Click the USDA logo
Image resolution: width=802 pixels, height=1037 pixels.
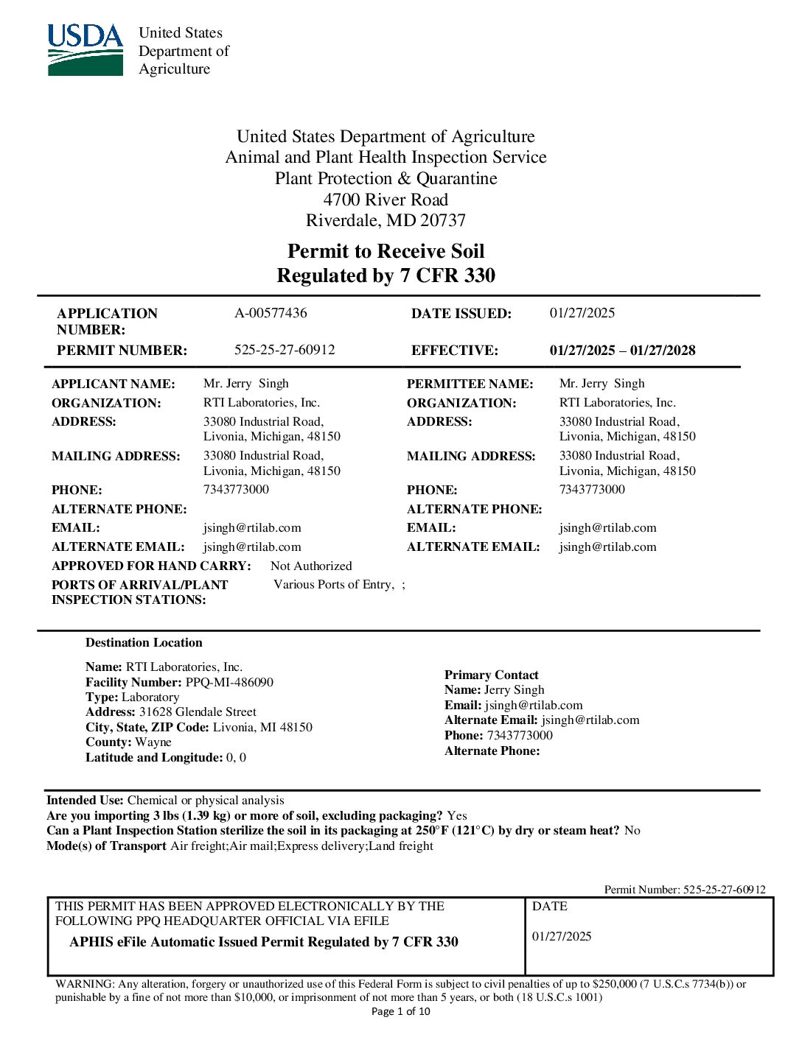pyautogui.click(x=86, y=50)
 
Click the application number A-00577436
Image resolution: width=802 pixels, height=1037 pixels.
pyautogui.click(x=271, y=313)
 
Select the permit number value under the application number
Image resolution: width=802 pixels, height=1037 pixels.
pyautogui.click(x=285, y=350)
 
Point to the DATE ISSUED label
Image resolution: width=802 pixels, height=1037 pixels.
pyautogui.click(x=461, y=314)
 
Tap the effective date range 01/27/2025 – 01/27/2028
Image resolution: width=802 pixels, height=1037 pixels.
pyautogui.click(x=622, y=351)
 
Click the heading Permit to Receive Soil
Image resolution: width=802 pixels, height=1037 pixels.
pyautogui.click(x=386, y=251)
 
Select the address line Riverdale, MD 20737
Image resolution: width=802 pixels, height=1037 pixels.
pyautogui.click(x=386, y=220)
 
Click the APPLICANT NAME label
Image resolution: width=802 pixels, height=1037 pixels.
pyautogui.click(x=114, y=384)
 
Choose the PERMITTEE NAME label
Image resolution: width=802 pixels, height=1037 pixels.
pyautogui.click(x=470, y=384)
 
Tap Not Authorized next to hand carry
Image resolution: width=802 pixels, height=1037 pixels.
pyautogui.click(x=311, y=566)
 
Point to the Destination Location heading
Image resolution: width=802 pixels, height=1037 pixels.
pyautogui.click(x=144, y=642)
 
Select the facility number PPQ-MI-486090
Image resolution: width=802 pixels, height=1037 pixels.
pyautogui.click(x=229, y=682)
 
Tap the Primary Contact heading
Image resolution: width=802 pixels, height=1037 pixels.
pyautogui.click(x=491, y=675)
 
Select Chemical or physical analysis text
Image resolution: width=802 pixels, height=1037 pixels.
pyautogui.click(x=206, y=800)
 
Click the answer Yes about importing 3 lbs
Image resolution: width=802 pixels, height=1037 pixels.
pyautogui.click(x=457, y=815)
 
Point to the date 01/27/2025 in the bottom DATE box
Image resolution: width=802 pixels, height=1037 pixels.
pyautogui.click(x=562, y=936)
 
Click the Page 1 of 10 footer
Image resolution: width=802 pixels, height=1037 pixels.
pyautogui.click(x=400, y=1011)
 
